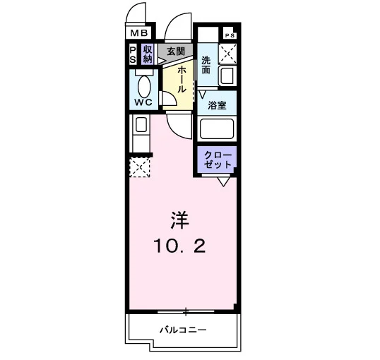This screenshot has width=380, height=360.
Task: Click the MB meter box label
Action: pos(139,32)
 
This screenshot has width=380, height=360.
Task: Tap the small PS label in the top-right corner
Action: pos(230,35)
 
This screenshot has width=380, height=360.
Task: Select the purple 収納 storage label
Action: pos(148,54)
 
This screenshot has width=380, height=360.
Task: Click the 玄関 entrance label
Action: pos(176,52)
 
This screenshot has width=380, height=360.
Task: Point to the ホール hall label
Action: pos(182,80)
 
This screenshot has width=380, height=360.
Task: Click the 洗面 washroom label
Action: pos(206,65)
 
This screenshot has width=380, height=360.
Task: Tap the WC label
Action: pos(143,102)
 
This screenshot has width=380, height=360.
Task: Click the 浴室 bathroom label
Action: pos(217,105)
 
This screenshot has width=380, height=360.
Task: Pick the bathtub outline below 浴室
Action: pos(217,128)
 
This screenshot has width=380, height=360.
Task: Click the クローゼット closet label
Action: pos(218,160)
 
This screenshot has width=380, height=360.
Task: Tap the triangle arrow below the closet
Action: pos(223,181)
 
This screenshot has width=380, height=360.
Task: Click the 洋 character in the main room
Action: pos(179,220)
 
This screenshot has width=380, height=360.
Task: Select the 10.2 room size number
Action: pos(179,246)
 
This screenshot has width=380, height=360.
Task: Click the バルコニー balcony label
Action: pos(183,330)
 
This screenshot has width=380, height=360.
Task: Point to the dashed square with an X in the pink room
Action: pos(140,167)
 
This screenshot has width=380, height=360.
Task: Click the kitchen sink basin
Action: pos(141,124)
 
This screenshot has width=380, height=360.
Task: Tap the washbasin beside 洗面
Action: pos(227,75)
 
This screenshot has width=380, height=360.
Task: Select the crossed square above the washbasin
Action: pos(227,54)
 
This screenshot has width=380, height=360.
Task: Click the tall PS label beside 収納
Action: pos(133,55)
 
